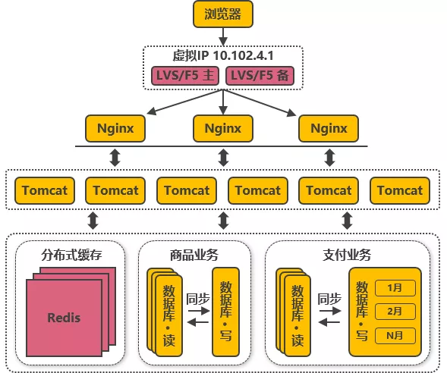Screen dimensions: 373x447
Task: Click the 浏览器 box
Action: pyautogui.click(x=222, y=14)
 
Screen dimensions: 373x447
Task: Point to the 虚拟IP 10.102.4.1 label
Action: pyautogui.click(x=222, y=56)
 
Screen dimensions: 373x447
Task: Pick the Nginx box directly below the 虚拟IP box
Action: pyautogui.click(x=222, y=128)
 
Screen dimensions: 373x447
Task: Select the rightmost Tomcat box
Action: pyautogui.click(x=400, y=190)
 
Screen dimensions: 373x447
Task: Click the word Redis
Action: pyautogui.click(x=64, y=317)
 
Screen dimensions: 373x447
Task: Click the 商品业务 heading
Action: pyautogui.click(x=194, y=254)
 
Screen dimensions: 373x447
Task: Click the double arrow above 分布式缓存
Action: pyautogui.click(x=93, y=221)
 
